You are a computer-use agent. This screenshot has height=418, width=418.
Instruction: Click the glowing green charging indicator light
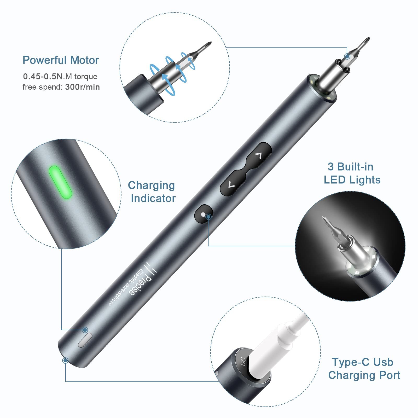tap(60, 182)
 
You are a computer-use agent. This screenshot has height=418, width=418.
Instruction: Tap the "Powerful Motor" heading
tap(61, 60)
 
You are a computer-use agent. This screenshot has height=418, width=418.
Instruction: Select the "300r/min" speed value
tap(82, 87)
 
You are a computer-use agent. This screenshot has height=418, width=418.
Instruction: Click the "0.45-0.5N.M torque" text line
tap(60, 76)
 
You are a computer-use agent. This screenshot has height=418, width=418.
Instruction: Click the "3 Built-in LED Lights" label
tap(352, 173)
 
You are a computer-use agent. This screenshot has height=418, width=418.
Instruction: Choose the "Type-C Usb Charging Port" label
tap(364, 368)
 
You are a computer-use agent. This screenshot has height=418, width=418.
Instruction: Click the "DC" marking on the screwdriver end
tap(243, 362)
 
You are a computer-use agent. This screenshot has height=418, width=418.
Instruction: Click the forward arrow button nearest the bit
tap(259, 155)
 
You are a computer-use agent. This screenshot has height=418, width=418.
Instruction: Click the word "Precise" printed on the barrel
tap(141, 286)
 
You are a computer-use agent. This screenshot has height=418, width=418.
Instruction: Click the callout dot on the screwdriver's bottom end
tap(65, 361)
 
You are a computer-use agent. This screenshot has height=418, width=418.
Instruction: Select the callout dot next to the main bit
tap(347, 56)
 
